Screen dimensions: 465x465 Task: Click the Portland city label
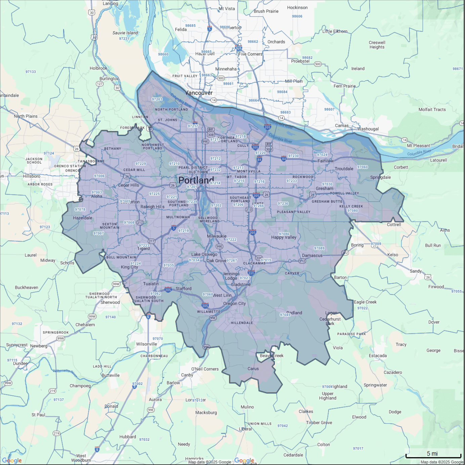tap(196, 180)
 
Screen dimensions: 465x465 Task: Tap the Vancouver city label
tap(199, 93)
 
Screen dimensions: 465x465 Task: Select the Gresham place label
tap(324, 188)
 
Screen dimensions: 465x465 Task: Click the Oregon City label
tap(235, 303)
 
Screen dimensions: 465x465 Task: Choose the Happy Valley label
tap(284, 237)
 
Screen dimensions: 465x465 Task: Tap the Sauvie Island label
tap(125, 33)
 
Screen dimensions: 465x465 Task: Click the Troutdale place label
tap(344, 169)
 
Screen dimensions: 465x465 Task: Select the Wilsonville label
tap(146, 344)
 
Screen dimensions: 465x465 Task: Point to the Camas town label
tap(342, 126)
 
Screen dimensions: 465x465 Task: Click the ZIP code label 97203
tap(157, 99)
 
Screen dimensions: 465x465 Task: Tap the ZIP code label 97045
tap(285, 315)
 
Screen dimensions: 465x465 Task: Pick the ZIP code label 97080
tap(352, 211)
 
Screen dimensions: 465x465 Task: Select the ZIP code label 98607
tap(329, 109)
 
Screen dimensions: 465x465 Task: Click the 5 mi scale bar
tap(433, 455)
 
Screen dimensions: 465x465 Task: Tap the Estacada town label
tap(378, 356)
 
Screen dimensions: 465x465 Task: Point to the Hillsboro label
tap(32, 176)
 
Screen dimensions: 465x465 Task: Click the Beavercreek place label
tap(271, 356)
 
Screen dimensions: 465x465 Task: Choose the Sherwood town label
tap(110, 302)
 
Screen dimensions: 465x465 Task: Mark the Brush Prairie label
tap(266, 11)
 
